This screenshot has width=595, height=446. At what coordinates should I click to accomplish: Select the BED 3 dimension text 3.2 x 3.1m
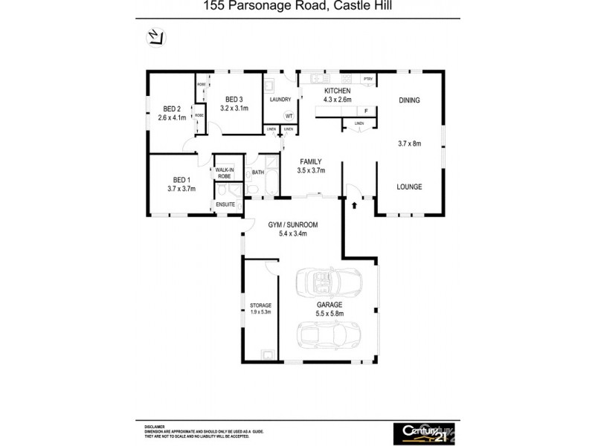[234, 108]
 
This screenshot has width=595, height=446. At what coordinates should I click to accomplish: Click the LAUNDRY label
[280, 100]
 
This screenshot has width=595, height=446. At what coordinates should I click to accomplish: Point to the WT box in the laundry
[289, 116]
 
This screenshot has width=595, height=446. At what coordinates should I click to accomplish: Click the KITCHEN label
[336, 91]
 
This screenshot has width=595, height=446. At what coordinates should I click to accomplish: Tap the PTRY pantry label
[367, 79]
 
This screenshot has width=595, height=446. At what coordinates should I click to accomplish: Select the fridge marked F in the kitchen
[366, 111]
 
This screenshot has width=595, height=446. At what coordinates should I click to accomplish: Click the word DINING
[409, 100]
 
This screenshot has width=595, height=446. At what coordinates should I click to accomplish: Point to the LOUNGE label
[409, 187]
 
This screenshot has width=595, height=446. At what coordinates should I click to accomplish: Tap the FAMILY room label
[312, 161]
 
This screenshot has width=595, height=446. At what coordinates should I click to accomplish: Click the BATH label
[258, 172]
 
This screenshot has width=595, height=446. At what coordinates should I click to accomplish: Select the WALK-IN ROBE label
[224, 173]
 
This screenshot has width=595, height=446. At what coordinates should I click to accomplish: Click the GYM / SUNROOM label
[293, 224]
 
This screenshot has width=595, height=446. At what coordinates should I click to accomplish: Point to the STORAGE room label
[260, 306]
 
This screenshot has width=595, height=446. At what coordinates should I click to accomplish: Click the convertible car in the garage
[328, 282]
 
